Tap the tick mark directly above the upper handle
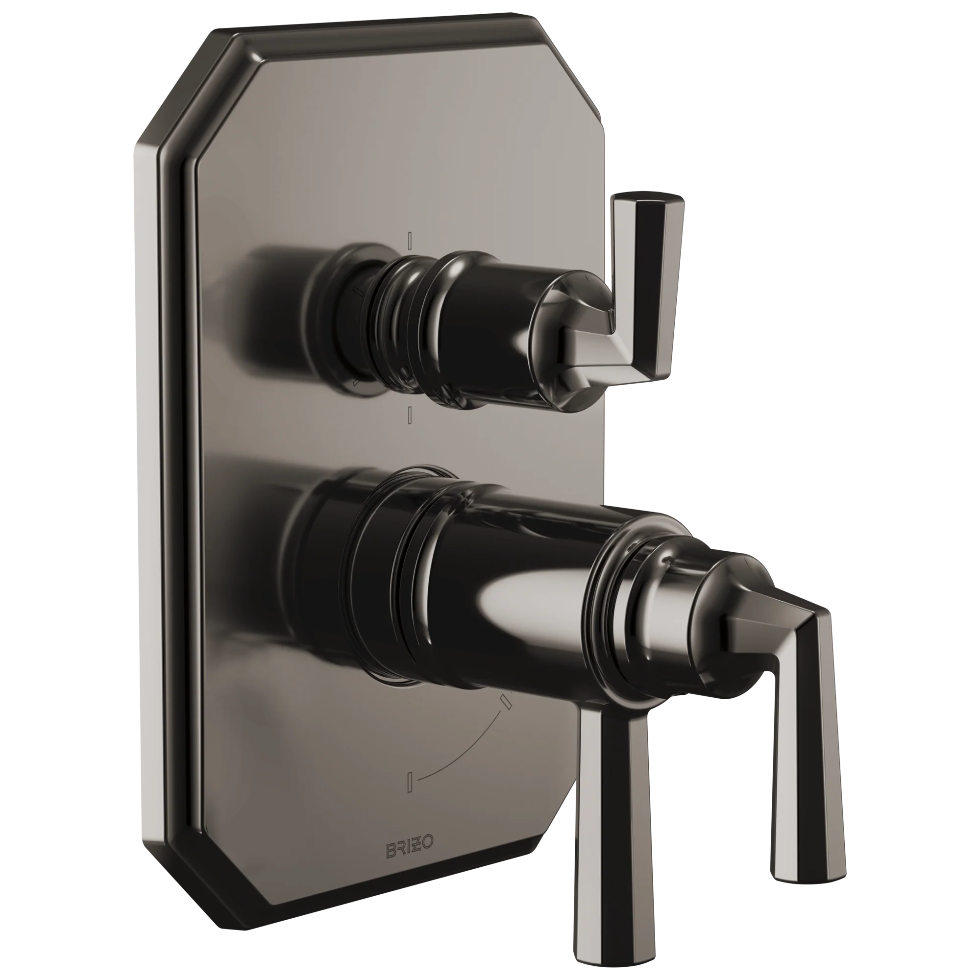tap(410, 239)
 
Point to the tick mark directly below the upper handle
tap(409, 415)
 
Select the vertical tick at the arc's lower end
tap(411, 795)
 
